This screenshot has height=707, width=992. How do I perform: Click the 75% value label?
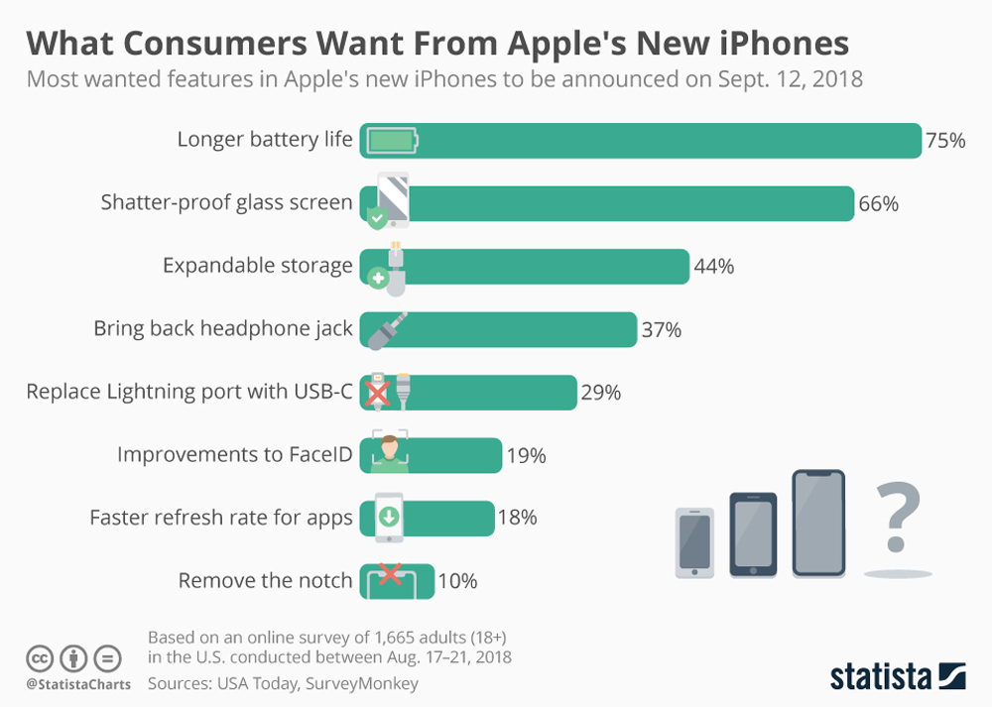pyautogui.click(x=944, y=141)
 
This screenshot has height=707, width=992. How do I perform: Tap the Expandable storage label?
pyautogui.click(x=257, y=266)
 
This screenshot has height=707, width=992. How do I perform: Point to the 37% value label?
pyautogui.click(x=662, y=330)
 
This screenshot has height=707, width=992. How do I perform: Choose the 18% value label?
pyautogui.click(x=517, y=517)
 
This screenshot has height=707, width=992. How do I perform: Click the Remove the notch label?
pyautogui.click(x=265, y=581)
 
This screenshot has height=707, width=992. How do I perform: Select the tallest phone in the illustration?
pyautogui.click(x=818, y=523)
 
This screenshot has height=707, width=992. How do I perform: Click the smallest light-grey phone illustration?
pyautogui.click(x=694, y=541)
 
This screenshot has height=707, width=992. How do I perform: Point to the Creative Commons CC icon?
pyautogui.click(x=40, y=657)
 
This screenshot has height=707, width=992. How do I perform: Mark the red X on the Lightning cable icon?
pyautogui.click(x=376, y=394)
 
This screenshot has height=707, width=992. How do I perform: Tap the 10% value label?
pyautogui.click(x=457, y=581)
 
